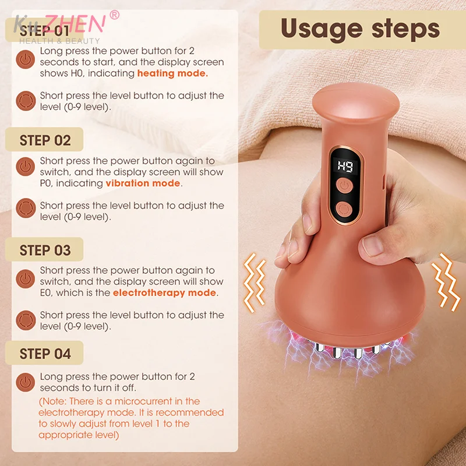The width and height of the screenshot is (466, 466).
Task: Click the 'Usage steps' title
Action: point(360,29)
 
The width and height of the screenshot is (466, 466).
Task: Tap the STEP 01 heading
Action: point(45,31)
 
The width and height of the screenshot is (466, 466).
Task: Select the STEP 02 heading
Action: point(45,140)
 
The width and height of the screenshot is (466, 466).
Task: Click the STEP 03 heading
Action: point(45,250)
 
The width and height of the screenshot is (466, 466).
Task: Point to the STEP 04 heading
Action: point(45,354)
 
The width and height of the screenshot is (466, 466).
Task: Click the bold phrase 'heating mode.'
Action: point(172,73)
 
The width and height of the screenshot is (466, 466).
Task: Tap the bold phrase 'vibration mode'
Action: point(143,183)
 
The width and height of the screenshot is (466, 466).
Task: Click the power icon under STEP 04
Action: point(25,382)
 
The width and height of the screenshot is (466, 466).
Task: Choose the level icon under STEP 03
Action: point(25,320)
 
